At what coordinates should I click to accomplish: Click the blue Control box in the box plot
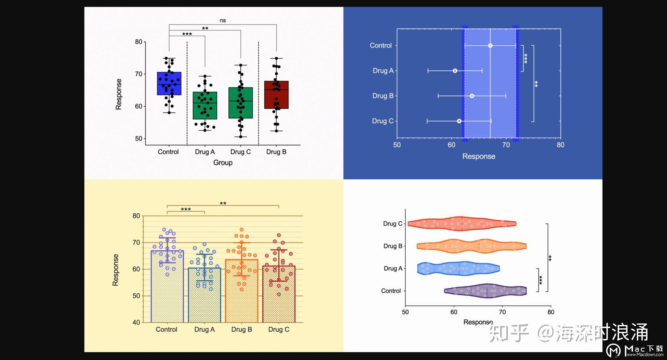point(169,84)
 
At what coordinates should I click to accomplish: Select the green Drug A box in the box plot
point(205,106)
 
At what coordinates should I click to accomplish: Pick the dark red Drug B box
point(276,95)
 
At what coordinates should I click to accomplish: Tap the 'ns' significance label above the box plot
point(223,20)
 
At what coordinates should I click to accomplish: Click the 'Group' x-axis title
point(223,163)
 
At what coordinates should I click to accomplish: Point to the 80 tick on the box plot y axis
point(139,42)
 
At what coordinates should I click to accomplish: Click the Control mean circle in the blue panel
point(490,46)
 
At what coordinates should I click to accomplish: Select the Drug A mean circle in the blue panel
point(455,71)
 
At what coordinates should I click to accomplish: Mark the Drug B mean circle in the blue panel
point(472,96)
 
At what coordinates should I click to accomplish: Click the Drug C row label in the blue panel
point(383,121)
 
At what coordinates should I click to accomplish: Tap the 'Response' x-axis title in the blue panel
point(478,156)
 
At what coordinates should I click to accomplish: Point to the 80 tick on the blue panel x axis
point(560,145)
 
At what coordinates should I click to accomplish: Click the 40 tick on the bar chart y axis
point(136,322)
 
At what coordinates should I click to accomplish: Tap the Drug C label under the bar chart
point(279,330)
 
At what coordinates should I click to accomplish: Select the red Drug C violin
point(461,223)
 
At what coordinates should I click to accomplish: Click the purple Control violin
point(486,291)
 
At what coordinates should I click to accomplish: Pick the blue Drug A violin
point(458,268)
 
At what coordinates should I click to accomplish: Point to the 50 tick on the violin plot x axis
point(405,312)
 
